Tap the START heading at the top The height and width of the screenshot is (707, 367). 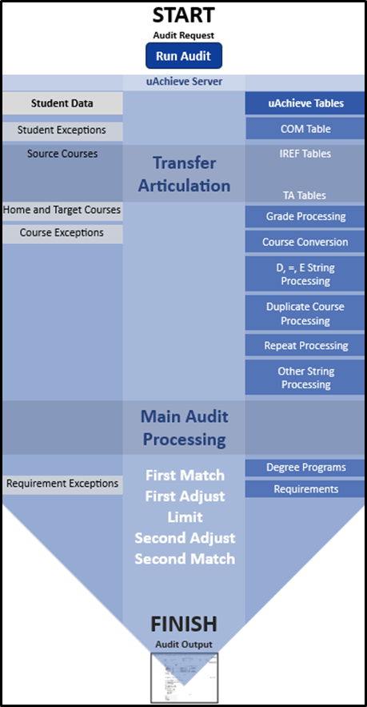click(x=183, y=15)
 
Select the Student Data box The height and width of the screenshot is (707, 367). click(x=62, y=103)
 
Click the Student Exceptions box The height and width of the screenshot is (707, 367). click(x=62, y=130)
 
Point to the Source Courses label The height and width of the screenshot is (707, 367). click(x=62, y=154)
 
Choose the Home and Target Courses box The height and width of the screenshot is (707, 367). click(x=62, y=210)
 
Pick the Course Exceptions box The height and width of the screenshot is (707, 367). click(x=62, y=233)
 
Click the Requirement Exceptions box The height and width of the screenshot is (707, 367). click(x=62, y=484)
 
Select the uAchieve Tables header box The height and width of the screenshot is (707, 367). click(x=305, y=103)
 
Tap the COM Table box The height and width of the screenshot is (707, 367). click(x=305, y=129)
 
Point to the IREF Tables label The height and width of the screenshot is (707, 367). click(x=305, y=154)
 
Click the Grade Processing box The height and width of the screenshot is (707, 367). click(x=305, y=216)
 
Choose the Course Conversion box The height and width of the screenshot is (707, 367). click(x=305, y=242)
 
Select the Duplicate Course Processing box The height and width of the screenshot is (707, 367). click(x=305, y=314)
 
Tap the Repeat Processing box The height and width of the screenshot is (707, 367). click(x=305, y=346)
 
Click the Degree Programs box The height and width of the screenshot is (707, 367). click(x=305, y=468)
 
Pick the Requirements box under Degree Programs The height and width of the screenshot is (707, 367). click(x=305, y=489)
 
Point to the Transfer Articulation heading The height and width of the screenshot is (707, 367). click(x=184, y=175)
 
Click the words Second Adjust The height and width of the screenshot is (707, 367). click(x=185, y=538)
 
